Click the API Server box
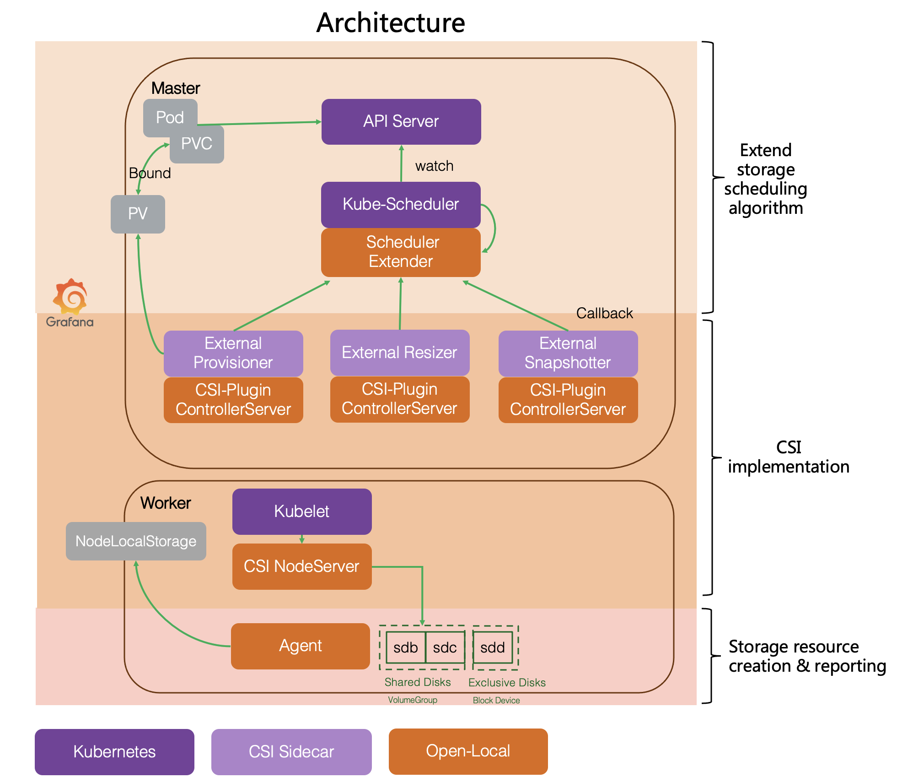tap(401, 122)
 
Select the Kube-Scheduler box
tap(401, 204)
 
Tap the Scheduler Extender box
tap(401, 252)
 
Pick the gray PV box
tap(138, 214)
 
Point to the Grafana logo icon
tap(70, 295)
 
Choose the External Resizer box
tap(399, 353)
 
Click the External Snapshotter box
tap(568, 353)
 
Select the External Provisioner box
tap(233, 353)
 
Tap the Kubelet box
tap(302, 511)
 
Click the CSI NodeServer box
tap(302, 566)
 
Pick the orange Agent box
tap(301, 646)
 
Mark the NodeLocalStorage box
tap(136, 541)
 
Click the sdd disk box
tap(493, 647)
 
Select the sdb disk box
tap(406, 647)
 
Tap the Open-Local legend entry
tap(468, 751)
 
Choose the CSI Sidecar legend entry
tap(291, 752)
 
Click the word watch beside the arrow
tap(434, 166)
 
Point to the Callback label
tap(604, 313)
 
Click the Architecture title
tap(391, 23)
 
